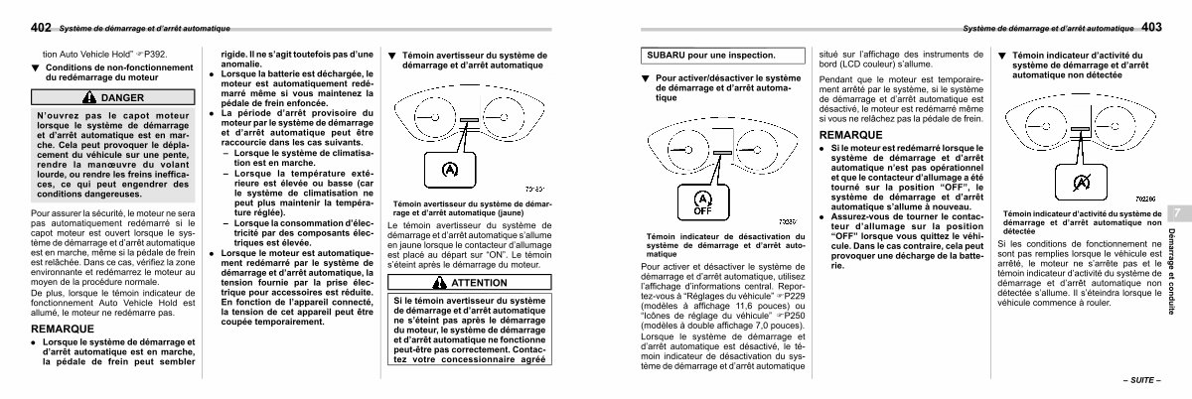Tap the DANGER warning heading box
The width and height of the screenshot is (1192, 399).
(x=113, y=98)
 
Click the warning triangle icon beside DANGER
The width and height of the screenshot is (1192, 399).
(x=90, y=98)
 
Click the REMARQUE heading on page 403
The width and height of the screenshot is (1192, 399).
(x=850, y=133)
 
